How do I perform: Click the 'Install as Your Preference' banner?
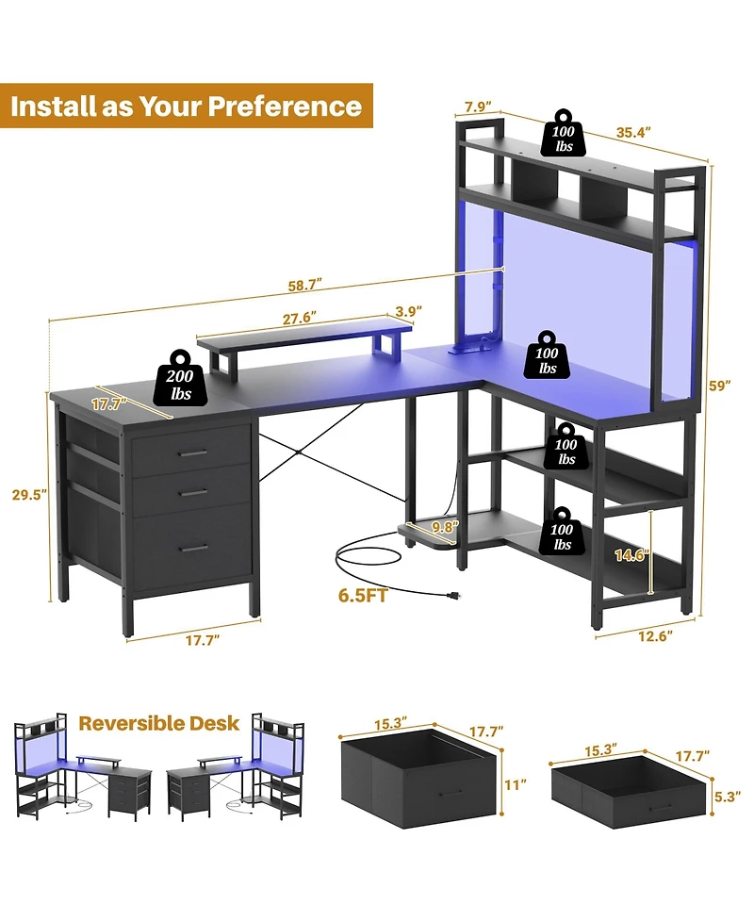[x=186, y=106]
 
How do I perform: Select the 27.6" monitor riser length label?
[x=300, y=318]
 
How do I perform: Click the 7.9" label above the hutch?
[x=476, y=107]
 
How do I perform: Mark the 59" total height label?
[x=721, y=385]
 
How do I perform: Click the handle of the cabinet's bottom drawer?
[x=195, y=548]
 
